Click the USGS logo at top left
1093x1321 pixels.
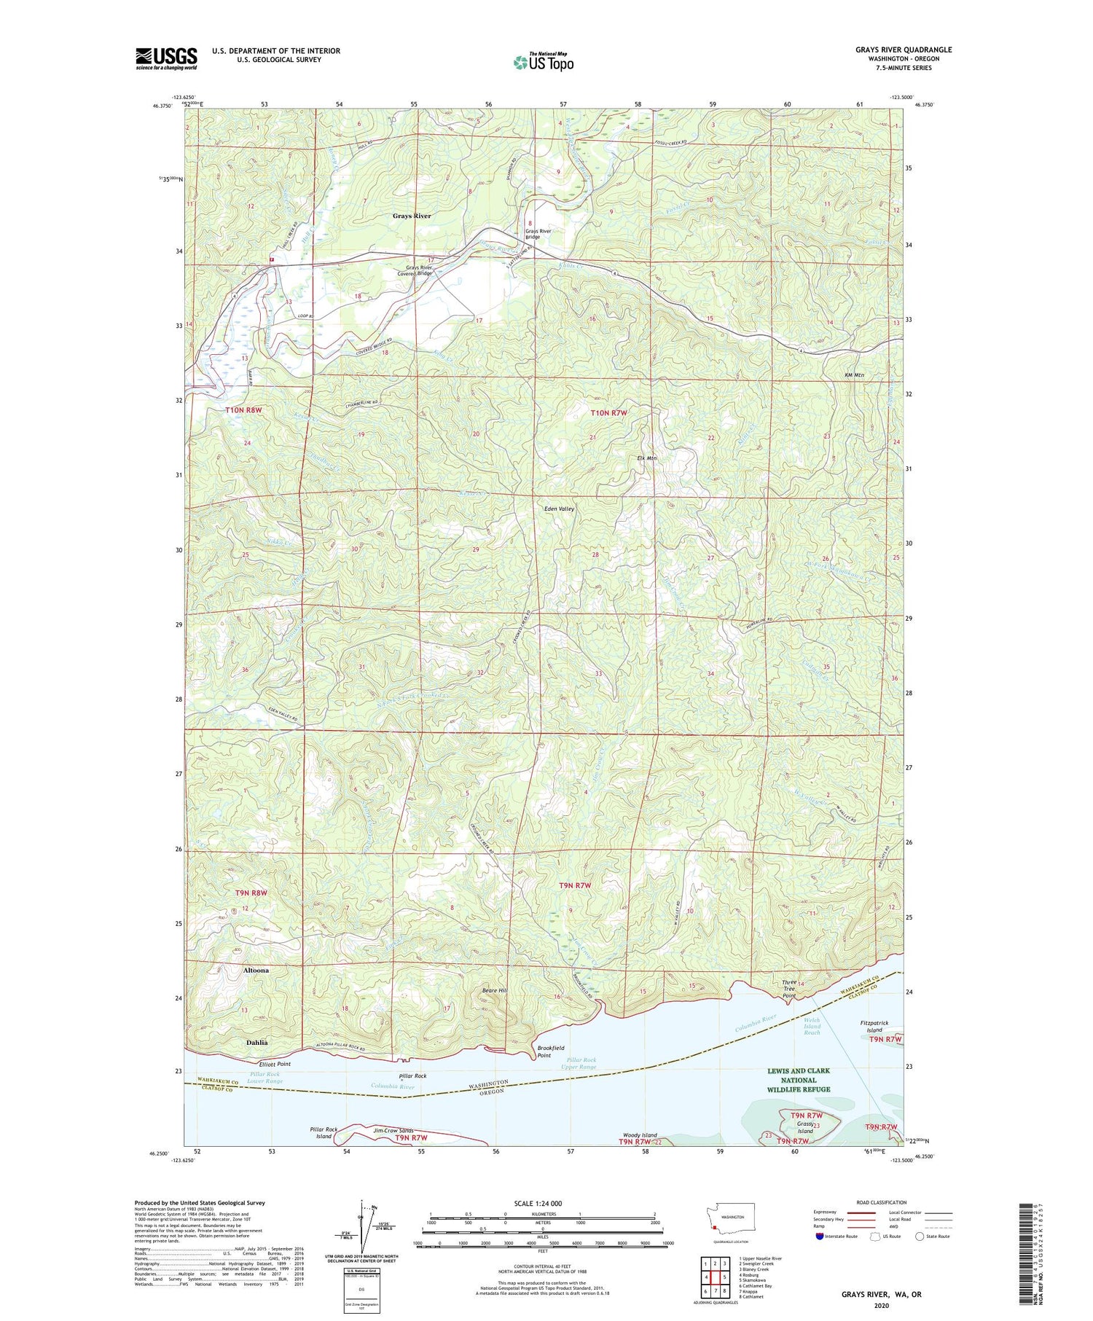166,58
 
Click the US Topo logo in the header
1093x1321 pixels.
544,62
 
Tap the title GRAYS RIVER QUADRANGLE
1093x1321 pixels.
904,50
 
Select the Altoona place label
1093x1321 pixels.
256,971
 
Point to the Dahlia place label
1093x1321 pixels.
256,1043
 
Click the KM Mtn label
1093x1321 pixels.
854,375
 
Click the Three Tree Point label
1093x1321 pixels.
789,989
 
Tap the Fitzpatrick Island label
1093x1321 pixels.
874,1026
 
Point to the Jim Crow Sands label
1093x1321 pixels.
393,1130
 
